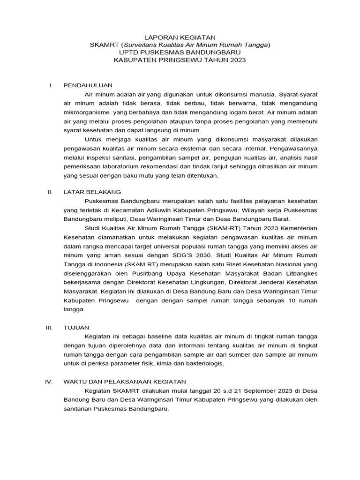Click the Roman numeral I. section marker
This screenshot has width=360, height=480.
(52, 85)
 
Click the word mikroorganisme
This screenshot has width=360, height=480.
(85, 112)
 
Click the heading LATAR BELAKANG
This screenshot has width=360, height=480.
(92, 192)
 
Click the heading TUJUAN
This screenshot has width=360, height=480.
(76, 327)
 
